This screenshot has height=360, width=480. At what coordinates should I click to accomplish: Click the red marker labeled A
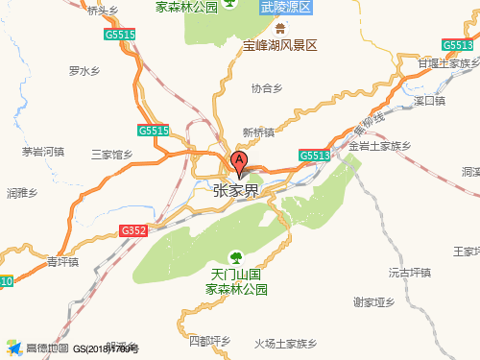click(239, 161)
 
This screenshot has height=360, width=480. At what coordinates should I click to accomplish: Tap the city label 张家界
click(235, 191)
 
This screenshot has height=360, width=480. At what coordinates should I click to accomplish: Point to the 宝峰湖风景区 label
click(279, 45)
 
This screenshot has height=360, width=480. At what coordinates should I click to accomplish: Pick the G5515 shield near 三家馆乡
click(153, 131)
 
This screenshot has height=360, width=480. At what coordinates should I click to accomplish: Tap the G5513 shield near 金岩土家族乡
click(314, 155)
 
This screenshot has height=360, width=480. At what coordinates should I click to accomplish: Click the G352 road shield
click(133, 230)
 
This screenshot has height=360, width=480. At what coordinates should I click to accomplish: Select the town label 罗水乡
click(84, 71)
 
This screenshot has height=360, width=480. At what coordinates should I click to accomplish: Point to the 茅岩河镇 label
click(42, 152)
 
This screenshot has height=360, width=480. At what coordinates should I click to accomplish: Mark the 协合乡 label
click(268, 87)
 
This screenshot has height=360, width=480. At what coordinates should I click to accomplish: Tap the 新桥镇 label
click(258, 132)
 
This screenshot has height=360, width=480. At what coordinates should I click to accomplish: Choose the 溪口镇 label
click(429, 100)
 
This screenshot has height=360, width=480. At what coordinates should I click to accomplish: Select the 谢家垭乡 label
click(374, 302)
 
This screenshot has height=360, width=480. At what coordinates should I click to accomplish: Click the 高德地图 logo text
click(47, 348)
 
